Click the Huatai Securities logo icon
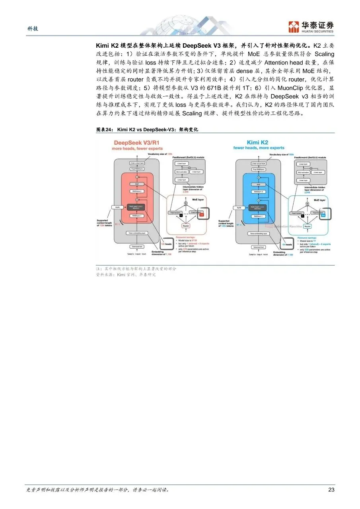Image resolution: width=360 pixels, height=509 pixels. coord(294,27)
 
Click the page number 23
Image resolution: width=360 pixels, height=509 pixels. coord(331,490)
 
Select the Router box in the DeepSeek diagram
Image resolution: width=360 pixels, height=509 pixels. coord(185,226)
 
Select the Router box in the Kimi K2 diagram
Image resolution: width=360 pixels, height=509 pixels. coord(307,226)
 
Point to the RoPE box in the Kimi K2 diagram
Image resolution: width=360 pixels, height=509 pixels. coord(239,208)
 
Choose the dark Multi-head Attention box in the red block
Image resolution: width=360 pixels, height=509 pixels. coord(136,207)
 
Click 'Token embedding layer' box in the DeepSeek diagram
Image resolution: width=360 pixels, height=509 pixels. coord(136,233)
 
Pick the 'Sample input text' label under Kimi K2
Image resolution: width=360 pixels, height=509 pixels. coord(258,254)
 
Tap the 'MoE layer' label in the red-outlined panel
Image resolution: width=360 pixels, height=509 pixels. coord(198,200)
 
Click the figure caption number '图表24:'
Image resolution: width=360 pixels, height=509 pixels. coord(104,130)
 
